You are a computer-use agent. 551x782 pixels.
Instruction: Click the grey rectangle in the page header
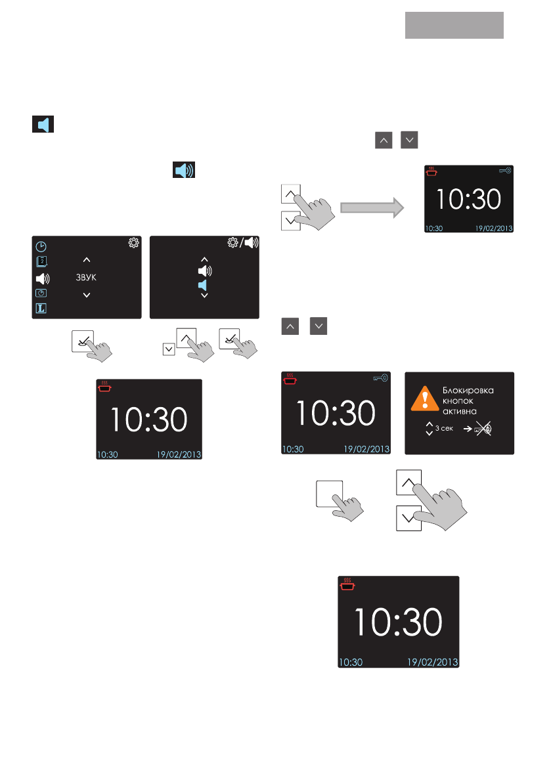454,26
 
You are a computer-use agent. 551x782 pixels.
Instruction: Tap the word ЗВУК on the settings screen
87,278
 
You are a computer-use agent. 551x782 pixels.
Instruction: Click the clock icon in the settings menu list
41,247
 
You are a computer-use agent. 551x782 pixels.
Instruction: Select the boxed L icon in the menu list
41,308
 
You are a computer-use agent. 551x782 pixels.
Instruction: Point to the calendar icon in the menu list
41,262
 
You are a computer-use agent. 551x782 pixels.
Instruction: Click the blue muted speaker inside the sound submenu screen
204,284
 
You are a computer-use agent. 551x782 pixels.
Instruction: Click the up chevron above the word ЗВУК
87,261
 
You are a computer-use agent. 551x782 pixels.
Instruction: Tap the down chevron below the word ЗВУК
87,295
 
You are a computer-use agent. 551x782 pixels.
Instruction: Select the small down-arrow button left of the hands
169,349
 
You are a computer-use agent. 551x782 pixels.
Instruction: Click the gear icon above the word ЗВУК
134,243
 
